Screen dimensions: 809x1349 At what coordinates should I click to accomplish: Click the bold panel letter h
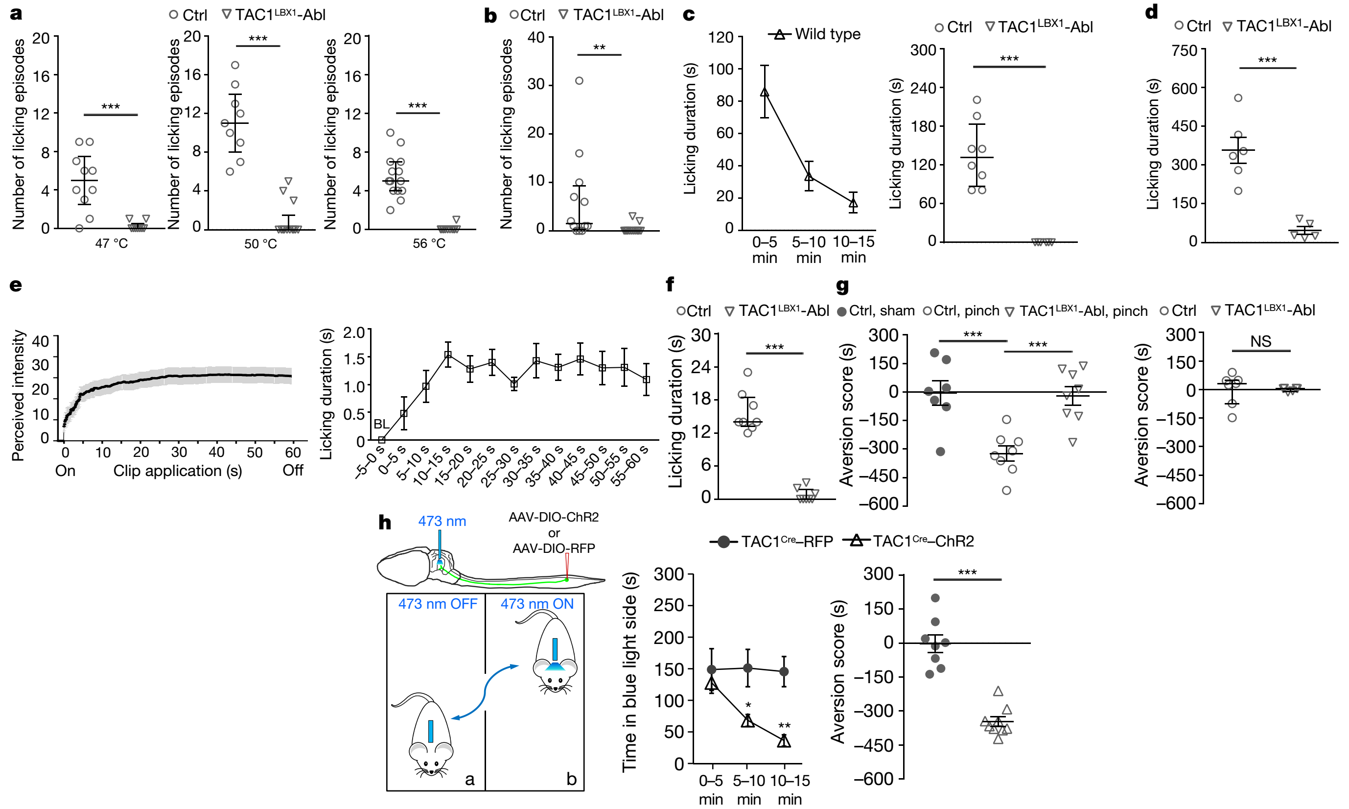point(385,523)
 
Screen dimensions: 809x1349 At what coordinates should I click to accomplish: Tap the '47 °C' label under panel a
point(112,243)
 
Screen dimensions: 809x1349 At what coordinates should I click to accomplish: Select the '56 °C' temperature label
point(429,243)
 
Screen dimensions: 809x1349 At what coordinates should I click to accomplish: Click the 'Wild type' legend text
point(827,34)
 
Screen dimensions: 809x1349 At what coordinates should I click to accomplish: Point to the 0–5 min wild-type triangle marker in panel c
point(765,92)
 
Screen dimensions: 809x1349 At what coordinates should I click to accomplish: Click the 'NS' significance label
point(1260,342)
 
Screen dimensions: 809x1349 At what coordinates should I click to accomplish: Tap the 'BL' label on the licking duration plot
point(381,424)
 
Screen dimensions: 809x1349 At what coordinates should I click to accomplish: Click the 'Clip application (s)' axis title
point(178,471)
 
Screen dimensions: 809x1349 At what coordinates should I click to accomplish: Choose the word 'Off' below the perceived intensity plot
point(293,471)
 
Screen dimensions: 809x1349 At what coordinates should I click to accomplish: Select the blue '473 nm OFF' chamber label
point(438,604)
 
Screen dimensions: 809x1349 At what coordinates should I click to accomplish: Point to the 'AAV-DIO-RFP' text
point(554,548)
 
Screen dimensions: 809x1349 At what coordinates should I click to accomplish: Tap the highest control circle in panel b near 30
point(579,81)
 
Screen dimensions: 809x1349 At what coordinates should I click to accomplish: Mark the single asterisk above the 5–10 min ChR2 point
point(748,705)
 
